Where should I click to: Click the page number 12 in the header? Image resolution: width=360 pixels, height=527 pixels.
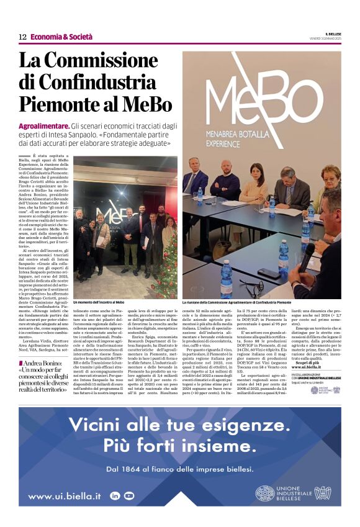22,37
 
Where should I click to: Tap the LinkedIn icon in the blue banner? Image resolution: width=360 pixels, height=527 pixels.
115,495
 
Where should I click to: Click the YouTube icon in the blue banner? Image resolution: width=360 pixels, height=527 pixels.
128,495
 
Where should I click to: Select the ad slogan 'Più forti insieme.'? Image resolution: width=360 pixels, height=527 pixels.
179,446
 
